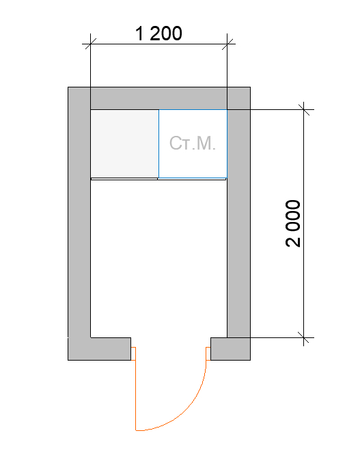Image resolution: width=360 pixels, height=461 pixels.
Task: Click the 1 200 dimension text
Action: (x=158, y=33)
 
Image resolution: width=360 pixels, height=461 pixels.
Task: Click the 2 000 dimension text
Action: (x=293, y=223)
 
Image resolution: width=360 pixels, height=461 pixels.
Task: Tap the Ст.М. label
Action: (x=193, y=143)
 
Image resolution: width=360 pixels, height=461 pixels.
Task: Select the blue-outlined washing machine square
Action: (x=193, y=144)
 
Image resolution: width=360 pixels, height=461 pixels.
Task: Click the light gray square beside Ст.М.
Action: (x=124, y=143)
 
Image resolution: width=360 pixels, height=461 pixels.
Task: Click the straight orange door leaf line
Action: (x=135, y=389)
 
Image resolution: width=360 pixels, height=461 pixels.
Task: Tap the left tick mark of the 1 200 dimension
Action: (x=90, y=44)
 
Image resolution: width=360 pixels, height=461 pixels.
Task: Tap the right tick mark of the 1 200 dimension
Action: (x=227, y=44)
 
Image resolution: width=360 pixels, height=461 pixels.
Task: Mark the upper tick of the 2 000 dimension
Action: (x=303, y=110)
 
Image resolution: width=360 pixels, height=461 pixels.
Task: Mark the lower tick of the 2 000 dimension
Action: (x=303, y=337)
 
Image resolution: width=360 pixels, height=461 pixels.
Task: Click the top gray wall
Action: (x=158, y=98)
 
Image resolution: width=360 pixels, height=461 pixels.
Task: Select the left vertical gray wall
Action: (x=79, y=212)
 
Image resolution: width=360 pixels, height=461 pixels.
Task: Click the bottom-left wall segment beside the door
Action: (x=100, y=349)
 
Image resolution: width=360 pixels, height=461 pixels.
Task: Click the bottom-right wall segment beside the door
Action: (x=231, y=349)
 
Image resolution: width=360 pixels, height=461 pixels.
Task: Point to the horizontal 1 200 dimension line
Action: (x=158, y=44)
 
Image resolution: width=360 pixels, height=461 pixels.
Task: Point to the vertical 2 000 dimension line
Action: (x=303, y=223)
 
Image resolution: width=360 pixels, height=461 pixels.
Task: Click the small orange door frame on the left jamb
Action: (x=133, y=354)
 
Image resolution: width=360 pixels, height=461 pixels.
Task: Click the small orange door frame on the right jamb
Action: (x=208, y=354)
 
